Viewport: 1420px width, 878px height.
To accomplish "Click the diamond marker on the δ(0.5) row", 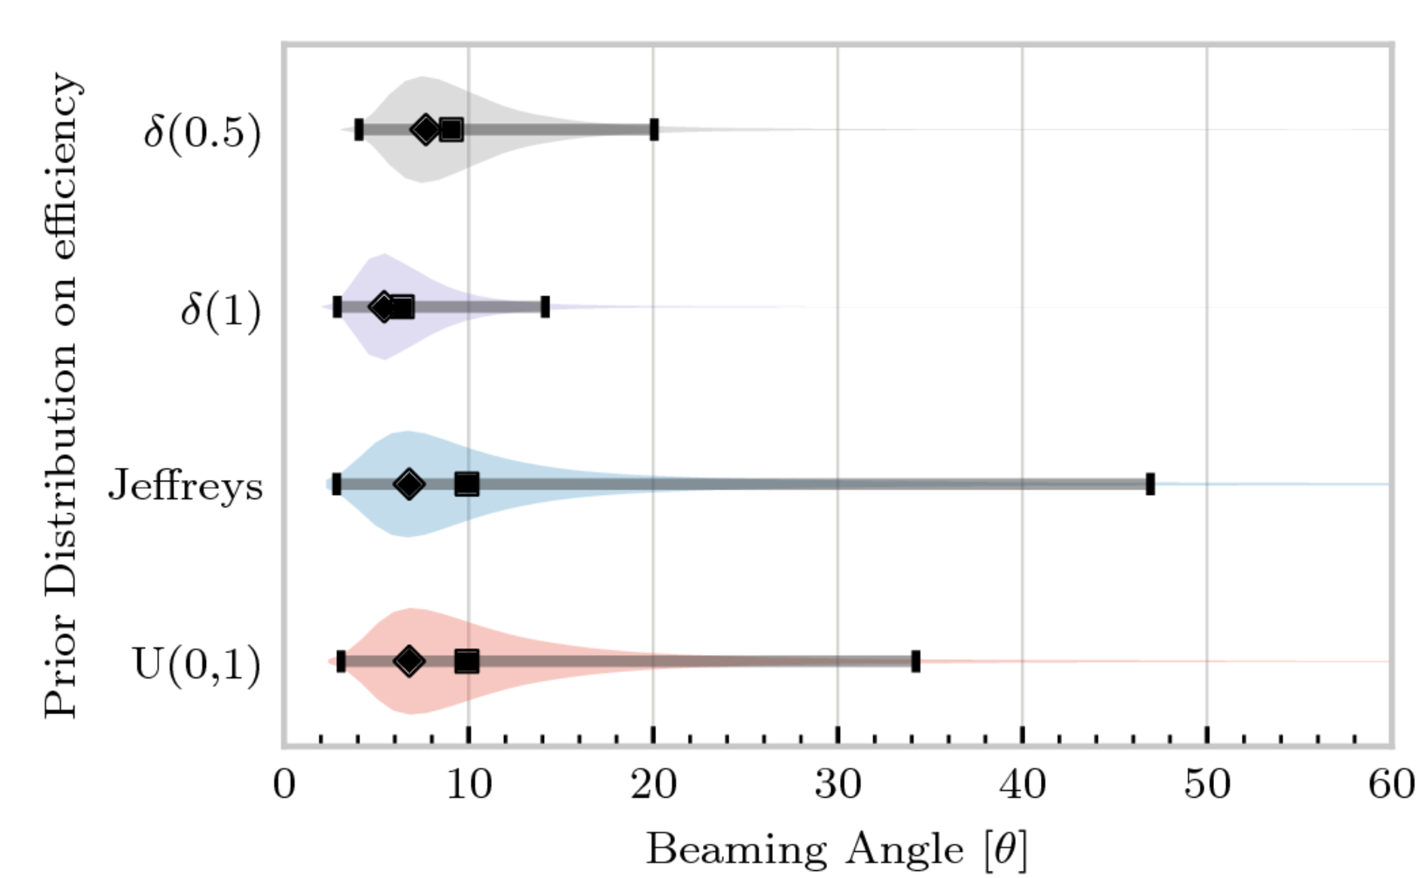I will tap(425, 129).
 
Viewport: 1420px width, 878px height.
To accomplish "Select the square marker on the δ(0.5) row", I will tap(451, 130).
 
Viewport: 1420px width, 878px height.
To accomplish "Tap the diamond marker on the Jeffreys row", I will tap(409, 484).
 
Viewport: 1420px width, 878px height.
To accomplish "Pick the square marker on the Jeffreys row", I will tap(466, 484).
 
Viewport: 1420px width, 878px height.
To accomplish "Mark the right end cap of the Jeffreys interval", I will tap(1150, 484).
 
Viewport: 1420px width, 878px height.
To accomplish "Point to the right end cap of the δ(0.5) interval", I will tap(654, 130).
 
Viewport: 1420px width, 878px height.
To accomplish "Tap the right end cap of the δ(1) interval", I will tap(545, 307).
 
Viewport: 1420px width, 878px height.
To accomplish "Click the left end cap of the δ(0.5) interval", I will tap(359, 130).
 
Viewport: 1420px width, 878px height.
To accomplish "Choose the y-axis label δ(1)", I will tap(220, 310).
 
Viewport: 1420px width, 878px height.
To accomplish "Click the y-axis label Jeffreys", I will tap(185, 487).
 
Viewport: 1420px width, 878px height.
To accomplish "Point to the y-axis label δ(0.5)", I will tap(202, 132).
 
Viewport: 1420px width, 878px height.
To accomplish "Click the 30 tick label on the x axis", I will tap(838, 785).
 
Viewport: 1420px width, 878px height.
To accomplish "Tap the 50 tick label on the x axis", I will tap(1207, 785).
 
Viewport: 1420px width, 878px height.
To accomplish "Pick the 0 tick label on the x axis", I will tap(284, 785).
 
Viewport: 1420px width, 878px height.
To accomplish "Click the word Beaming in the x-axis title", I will tap(736, 849).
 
